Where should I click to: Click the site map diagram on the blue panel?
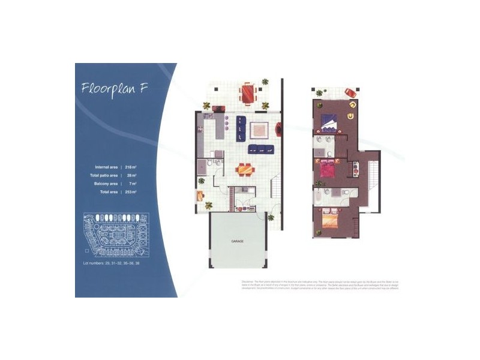(x=113, y=235)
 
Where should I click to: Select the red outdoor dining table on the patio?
(x=247, y=94)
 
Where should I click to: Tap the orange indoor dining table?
(x=243, y=169)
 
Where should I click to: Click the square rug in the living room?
(x=259, y=130)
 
